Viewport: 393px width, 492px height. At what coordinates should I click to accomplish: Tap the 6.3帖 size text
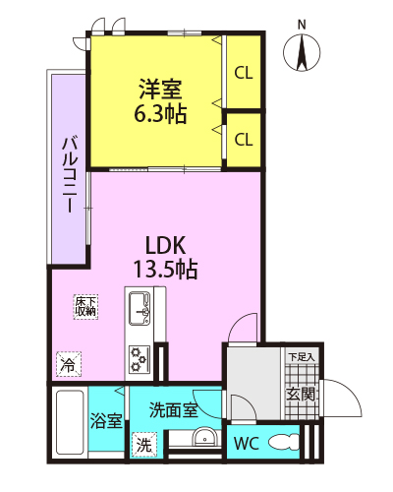point(160,113)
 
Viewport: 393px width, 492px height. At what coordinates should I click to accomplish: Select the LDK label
point(165,245)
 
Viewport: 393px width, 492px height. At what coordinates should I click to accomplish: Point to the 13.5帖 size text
point(165,270)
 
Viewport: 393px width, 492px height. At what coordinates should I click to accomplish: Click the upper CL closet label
point(244,73)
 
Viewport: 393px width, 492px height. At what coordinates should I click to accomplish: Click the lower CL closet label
point(244,140)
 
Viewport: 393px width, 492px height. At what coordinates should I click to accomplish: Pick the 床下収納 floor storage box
point(85,306)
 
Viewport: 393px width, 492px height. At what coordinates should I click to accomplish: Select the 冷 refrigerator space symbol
point(69,364)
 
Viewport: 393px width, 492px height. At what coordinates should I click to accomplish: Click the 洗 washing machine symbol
point(144,445)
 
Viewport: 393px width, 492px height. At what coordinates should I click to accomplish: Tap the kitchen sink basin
point(139,308)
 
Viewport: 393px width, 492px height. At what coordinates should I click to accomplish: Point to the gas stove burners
point(139,359)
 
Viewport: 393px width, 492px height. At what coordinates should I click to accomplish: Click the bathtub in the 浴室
point(70,422)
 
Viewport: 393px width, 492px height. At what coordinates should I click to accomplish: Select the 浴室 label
point(106,421)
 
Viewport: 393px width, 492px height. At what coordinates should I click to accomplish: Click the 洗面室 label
point(173,410)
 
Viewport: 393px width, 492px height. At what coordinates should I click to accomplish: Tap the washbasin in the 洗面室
point(204,437)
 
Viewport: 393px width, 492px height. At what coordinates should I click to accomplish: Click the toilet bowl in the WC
point(284,443)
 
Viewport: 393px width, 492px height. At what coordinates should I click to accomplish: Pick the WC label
point(247,444)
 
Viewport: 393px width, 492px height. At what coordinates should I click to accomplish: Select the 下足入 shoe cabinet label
point(302,356)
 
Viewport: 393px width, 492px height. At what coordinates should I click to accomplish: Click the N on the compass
point(302,25)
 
